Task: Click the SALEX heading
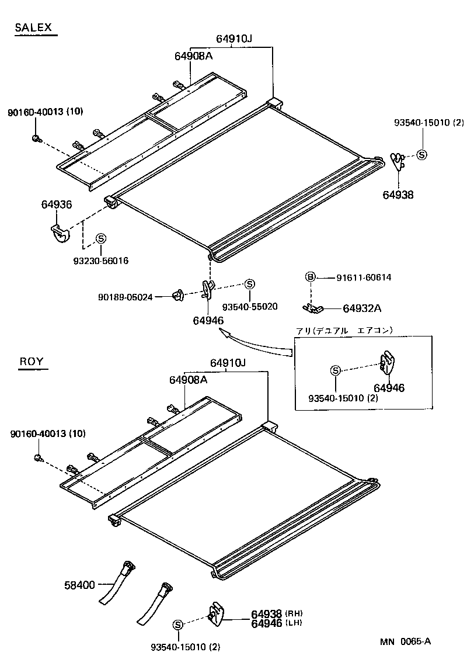point(33,27)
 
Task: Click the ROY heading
point(32,361)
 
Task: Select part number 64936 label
point(57,204)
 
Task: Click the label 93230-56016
point(101,261)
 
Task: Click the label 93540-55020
point(249,306)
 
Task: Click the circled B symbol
point(311,277)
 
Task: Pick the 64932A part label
point(361,308)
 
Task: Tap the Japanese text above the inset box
point(344,330)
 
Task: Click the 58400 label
point(79,584)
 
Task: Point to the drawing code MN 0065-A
point(406,641)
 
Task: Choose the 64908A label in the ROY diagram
point(189,380)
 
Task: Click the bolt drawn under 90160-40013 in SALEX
point(36,138)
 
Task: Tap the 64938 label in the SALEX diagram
point(398,195)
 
